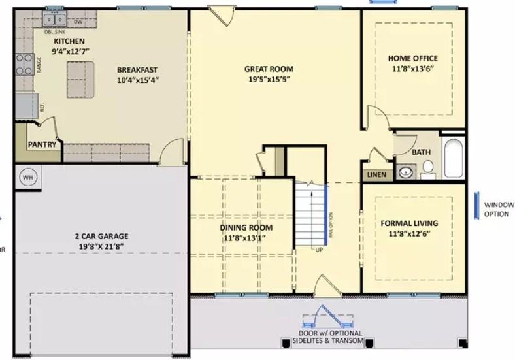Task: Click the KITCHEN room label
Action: (69, 41)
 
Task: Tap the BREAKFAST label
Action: (137, 70)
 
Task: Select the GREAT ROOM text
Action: (269, 69)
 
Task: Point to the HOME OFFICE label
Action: (412, 58)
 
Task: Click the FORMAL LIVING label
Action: (409, 223)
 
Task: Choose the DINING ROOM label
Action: (246, 227)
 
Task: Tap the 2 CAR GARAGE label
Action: (100, 236)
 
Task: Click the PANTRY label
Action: (41, 144)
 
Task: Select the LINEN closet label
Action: (376, 175)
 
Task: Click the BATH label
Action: (421, 152)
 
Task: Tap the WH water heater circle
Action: (27, 176)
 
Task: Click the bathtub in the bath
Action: (454, 157)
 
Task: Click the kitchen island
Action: (80, 80)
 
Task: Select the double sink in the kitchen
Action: (54, 20)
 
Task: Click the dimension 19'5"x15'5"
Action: (269, 79)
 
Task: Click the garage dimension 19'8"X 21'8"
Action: (100, 246)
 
